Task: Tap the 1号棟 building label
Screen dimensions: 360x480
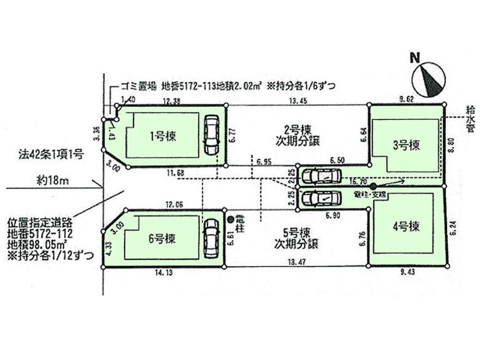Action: point(162,136)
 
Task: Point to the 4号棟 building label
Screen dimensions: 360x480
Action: point(407,225)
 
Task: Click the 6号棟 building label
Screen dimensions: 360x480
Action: point(162,239)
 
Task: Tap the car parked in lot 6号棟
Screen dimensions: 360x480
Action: point(209,238)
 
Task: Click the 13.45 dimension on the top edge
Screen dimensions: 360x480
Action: point(297,100)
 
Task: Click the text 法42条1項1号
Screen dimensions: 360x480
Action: point(50,155)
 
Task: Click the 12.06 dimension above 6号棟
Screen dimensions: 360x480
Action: point(175,203)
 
